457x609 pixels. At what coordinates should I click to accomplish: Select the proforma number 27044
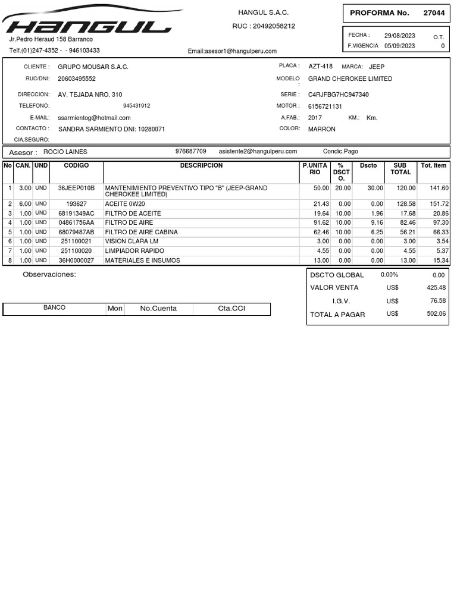434,13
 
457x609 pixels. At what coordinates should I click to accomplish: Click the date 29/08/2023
399,36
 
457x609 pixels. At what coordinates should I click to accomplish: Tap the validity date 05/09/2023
399,46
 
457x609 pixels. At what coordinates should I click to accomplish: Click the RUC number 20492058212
274,26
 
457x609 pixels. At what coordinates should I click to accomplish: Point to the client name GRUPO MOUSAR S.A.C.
93,67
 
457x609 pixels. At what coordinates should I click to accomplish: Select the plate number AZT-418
321,67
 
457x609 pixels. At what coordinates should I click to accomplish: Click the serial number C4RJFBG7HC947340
338,95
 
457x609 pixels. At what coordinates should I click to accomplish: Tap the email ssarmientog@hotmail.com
94,118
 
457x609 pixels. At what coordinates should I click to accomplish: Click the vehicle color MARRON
321,129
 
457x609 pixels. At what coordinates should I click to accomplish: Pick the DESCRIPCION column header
201,165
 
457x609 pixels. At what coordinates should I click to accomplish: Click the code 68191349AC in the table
76,214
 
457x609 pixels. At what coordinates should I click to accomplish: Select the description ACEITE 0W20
125,204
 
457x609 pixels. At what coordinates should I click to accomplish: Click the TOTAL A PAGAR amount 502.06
436,314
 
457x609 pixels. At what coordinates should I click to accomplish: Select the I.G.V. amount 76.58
437,301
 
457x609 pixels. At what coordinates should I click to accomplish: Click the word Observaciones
49,275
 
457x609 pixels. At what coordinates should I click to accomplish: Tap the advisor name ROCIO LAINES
65,152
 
